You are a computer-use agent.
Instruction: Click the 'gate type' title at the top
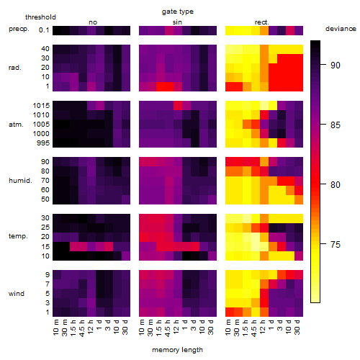(x=178, y=12)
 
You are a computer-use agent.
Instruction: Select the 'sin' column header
(x=177, y=22)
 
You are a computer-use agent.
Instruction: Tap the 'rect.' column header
(x=261, y=22)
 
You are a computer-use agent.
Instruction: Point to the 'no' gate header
(x=93, y=22)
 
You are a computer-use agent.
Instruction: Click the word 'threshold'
(x=40, y=17)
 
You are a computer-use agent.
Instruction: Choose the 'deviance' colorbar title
(x=341, y=29)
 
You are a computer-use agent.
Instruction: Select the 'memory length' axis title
(x=177, y=350)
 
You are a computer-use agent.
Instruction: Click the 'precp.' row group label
(x=19, y=29)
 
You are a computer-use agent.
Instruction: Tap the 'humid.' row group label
(x=20, y=180)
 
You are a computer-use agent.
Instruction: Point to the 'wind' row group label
(x=17, y=294)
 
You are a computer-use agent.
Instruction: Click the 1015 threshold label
(x=41, y=106)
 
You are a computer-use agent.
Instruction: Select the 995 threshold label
(x=43, y=143)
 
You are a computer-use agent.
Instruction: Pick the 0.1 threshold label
(x=44, y=30)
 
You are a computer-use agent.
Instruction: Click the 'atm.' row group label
(x=16, y=125)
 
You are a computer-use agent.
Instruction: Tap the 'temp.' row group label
(x=18, y=236)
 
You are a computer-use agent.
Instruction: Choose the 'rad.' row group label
(x=15, y=68)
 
